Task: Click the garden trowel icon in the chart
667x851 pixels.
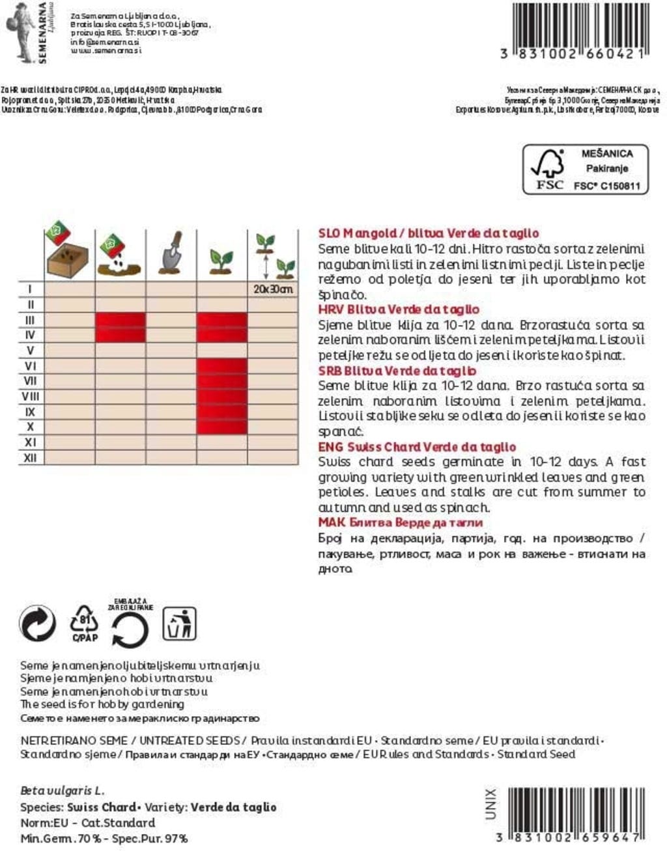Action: click(x=172, y=253)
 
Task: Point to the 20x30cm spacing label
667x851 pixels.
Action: click(x=273, y=289)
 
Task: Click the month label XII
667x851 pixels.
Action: click(x=30, y=458)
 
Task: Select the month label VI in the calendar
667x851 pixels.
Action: click(x=30, y=366)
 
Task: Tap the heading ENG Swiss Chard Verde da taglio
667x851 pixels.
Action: click(x=417, y=447)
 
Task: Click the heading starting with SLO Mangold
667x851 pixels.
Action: click(x=428, y=233)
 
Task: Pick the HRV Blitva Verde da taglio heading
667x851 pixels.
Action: click(x=399, y=310)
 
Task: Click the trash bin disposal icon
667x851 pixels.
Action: click(x=179, y=624)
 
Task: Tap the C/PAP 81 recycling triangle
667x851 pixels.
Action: click(x=84, y=624)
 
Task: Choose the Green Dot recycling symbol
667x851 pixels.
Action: click(x=38, y=624)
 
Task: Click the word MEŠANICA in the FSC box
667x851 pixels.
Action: click(x=606, y=154)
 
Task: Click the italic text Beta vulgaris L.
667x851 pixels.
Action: click(x=62, y=791)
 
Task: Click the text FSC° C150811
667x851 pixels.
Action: click(x=606, y=186)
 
